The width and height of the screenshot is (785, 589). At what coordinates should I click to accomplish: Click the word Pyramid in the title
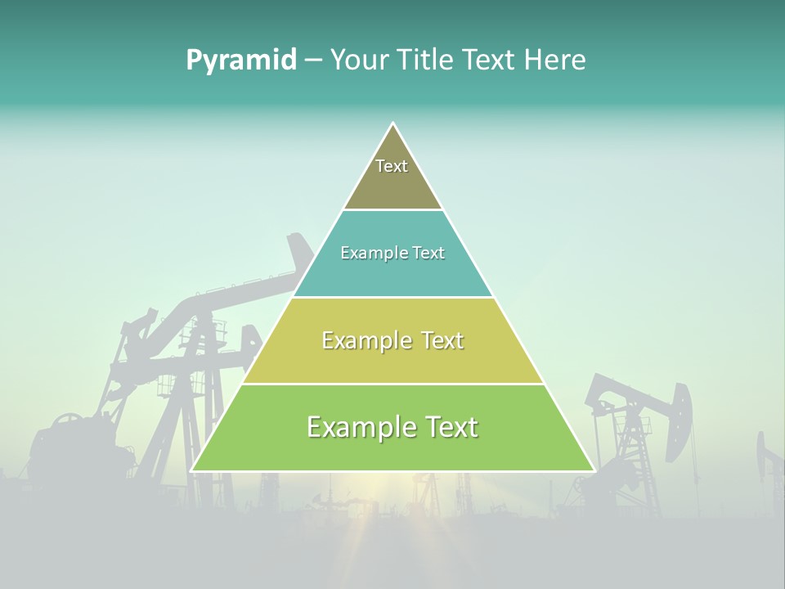coord(240,61)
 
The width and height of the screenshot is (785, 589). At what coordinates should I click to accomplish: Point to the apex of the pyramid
coord(393,124)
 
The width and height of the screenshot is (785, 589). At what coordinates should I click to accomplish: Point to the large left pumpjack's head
coord(300,250)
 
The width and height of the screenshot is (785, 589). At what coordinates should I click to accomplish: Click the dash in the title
coord(312,61)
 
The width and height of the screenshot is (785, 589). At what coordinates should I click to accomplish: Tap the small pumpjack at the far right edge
coord(769,458)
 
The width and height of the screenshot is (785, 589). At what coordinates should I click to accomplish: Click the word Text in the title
coord(489,61)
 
